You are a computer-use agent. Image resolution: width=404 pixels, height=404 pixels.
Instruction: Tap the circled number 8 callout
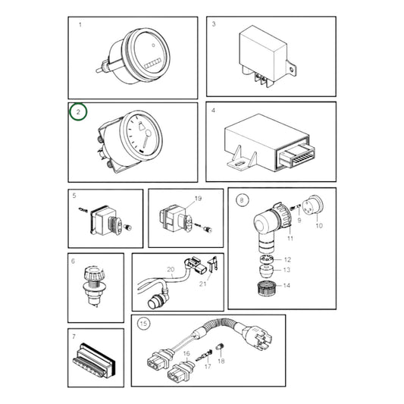[x=242, y=200]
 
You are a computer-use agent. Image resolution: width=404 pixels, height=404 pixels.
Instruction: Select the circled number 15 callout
[x=144, y=324]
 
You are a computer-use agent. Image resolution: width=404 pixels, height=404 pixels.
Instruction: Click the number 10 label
[x=318, y=225]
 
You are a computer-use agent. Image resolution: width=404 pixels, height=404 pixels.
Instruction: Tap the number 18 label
[x=221, y=362]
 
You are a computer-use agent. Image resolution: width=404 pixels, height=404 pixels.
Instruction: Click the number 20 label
[x=171, y=269]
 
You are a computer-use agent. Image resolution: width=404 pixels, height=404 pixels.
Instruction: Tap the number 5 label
[x=74, y=196]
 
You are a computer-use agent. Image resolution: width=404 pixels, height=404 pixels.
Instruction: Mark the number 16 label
[x=186, y=353]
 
